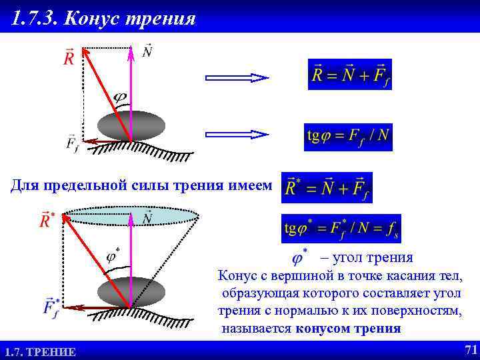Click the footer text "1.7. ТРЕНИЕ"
[40, 351]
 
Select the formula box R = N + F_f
[350, 75]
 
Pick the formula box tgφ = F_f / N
[347, 137]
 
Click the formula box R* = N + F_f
[327, 187]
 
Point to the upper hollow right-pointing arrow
[237, 77]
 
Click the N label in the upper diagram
[147, 51]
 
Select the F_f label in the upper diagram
[72, 143]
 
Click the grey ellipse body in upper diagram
[131, 125]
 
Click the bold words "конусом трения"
[349, 328]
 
